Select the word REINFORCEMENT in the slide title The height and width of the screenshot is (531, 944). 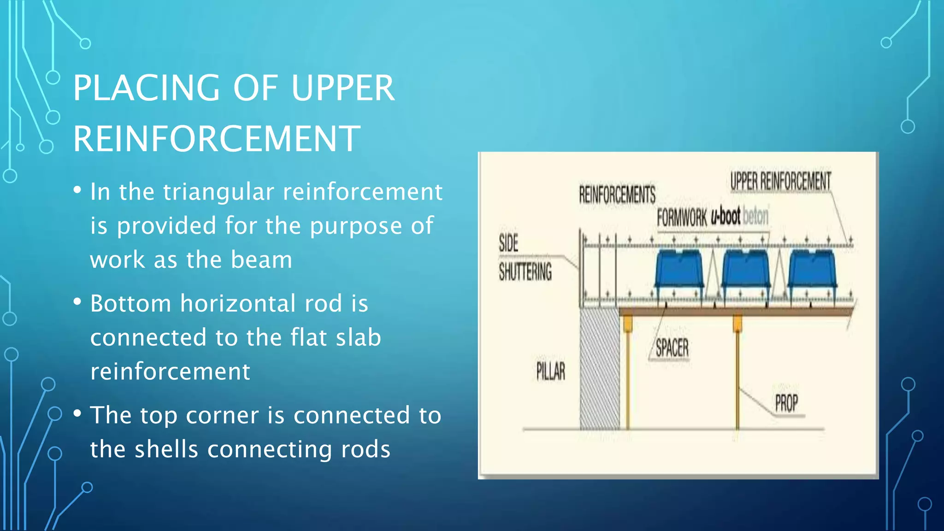tap(217, 139)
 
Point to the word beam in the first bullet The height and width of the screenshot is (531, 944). tap(261, 260)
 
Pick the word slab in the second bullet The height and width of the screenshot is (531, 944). tap(359, 337)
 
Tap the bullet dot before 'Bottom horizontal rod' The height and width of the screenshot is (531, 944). tap(77, 302)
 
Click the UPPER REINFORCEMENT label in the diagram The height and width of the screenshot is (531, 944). tap(780, 181)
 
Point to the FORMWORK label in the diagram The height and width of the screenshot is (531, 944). tap(682, 217)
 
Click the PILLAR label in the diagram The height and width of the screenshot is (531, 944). tap(550, 371)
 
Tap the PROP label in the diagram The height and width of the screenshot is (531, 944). tap(786, 403)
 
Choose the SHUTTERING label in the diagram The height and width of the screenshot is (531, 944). tap(525, 271)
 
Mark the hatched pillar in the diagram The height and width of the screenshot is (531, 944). tap(599, 369)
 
